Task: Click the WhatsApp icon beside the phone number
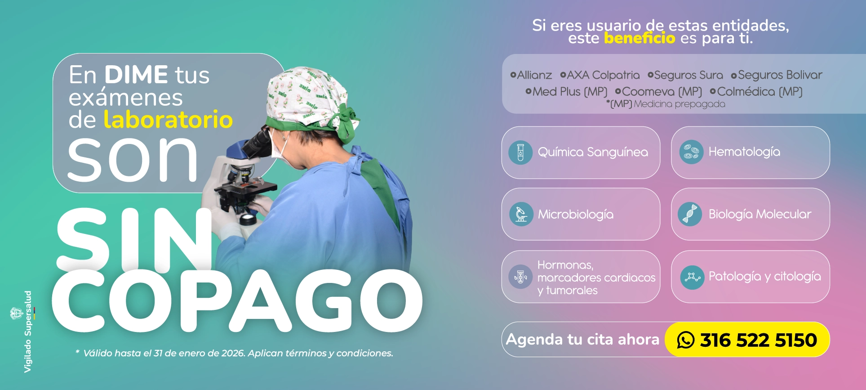pyautogui.click(x=686, y=340)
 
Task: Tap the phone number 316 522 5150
pyautogui.click(x=759, y=340)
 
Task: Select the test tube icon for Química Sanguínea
pyautogui.click(x=520, y=152)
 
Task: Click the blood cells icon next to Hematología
pyautogui.click(x=691, y=152)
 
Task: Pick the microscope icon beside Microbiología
pyautogui.click(x=521, y=214)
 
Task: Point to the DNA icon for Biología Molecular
pyautogui.click(x=690, y=214)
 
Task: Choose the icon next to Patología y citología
pyautogui.click(x=692, y=277)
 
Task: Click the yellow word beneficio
pyautogui.click(x=640, y=38)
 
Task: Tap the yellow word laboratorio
pyautogui.click(x=168, y=120)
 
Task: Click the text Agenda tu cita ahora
pyautogui.click(x=582, y=339)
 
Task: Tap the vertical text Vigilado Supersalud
pyautogui.click(x=28, y=332)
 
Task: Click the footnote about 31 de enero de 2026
pyautogui.click(x=235, y=353)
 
